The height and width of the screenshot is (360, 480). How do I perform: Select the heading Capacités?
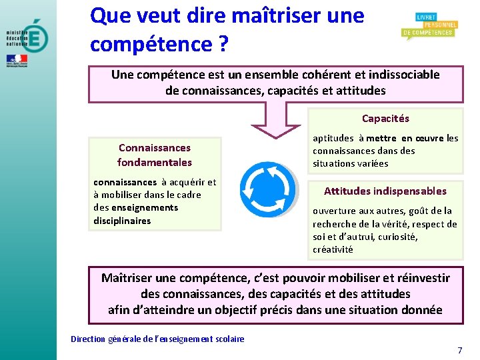385,119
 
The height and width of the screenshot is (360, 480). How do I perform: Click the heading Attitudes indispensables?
385,191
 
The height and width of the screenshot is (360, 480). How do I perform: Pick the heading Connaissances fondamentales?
155,155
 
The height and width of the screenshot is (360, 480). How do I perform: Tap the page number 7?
459,350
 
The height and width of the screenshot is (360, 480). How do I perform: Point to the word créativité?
333,249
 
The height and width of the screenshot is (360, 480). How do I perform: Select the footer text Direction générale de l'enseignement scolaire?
157,339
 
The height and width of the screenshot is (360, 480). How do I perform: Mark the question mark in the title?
223,45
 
